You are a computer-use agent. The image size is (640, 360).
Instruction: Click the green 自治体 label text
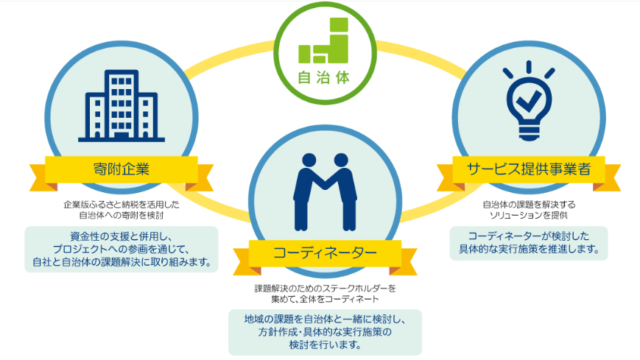[x=324, y=77]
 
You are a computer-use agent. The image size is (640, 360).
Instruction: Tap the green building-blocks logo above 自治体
[x=323, y=40]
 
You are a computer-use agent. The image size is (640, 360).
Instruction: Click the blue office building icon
[x=122, y=106]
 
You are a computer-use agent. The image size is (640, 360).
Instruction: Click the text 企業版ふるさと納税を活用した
[x=122, y=205]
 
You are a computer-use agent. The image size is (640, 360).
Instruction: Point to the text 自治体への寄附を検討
[x=122, y=215]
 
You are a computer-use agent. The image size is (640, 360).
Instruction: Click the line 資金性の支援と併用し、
[x=122, y=236]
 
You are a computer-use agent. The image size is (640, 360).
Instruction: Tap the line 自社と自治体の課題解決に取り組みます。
[x=122, y=261]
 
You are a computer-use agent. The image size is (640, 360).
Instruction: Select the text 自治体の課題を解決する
[x=529, y=205]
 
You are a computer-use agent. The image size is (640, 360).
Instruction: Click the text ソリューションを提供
[x=529, y=215]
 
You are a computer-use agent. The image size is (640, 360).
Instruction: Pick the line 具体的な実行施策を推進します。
[x=529, y=249]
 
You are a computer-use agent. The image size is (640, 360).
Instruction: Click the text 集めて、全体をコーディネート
[x=325, y=299]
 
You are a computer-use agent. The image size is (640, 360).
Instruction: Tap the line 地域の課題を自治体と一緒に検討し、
[x=325, y=320]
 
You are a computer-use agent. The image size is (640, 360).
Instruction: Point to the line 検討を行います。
[x=325, y=345]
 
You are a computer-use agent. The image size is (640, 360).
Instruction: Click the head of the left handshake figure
[x=309, y=160]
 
